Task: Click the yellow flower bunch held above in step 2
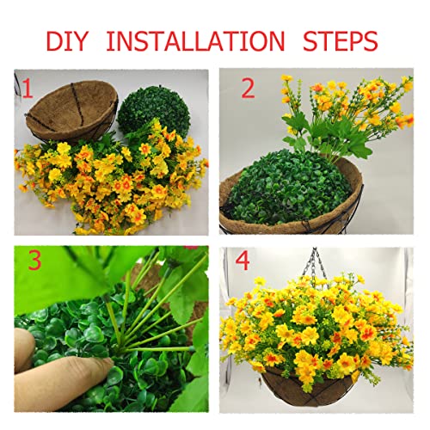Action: [x=344, y=103]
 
